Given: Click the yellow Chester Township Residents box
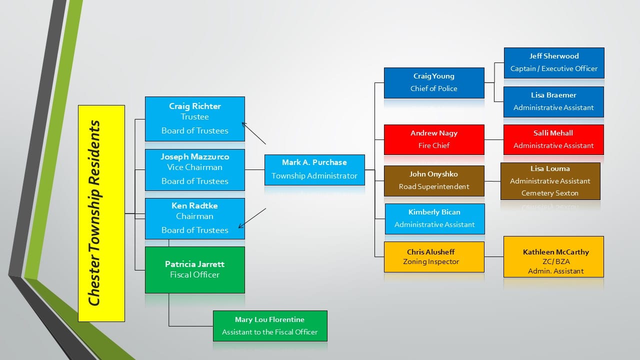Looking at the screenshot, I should pyautogui.click(x=101, y=213).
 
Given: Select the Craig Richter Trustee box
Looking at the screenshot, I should pyautogui.click(x=194, y=118).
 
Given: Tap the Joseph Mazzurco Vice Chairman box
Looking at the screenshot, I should pyautogui.click(x=194, y=169).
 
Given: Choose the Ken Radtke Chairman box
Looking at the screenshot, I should pyautogui.click(x=194, y=218).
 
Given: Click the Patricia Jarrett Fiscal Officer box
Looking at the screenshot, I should pyautogui.click(x=194, y=269).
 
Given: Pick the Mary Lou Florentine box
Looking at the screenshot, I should pyautogui.click(x=269, y=325).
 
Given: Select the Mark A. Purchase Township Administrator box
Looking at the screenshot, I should pyautogui.click(x=314, y=169).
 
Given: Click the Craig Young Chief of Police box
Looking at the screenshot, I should pyautogui.click(x=433, y=82).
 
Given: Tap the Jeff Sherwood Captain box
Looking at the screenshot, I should pyautogui.click(x=553, y=62).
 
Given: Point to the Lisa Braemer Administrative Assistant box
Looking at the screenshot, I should pyautogui.click(x=553, y=101).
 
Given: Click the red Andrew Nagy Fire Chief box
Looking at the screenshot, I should pyautogui.click(x=433, y=139).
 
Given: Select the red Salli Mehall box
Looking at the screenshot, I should pyautogui.click(x=553, y=139).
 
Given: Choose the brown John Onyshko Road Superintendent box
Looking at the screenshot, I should pyautogui.click(x=433, y=180).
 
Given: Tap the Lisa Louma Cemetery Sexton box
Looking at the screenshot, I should pyautogui.click(x=550, y=181).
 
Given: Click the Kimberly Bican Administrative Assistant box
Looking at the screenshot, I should pyautogui.click(x=434, y=218).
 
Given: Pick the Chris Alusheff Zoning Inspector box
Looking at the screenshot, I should pyautogui.click(x=433, y=256).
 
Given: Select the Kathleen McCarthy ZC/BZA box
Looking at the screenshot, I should pyautogui.click(x=553, y=256).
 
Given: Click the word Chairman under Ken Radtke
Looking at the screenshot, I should pyautogui.click(x=194, y=216).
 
